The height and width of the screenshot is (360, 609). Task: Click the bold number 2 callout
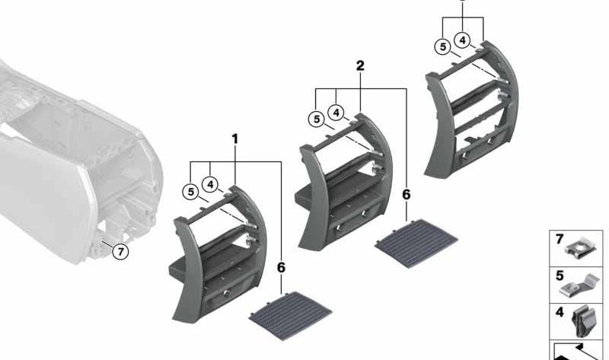click(x=360, y=66)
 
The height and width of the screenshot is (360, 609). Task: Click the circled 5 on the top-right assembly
click(x=442, y=46)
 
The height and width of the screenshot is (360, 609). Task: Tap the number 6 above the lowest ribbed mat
click(x=281, y=268)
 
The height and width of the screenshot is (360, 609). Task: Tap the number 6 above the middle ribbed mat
click(x=407, y=195)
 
